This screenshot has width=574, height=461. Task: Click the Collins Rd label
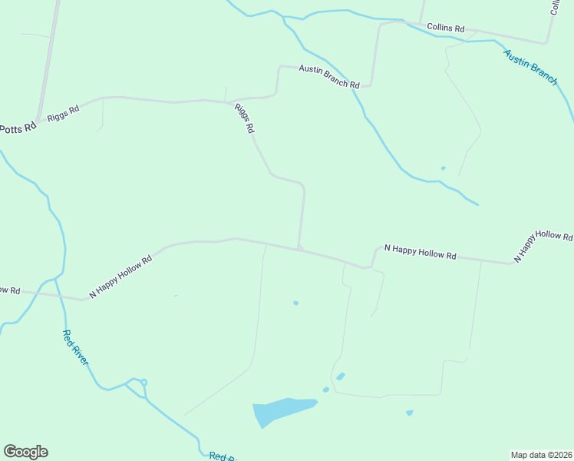pos(446,28)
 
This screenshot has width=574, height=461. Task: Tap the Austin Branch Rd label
pos(329,76)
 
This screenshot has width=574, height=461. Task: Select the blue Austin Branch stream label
pos(530,67)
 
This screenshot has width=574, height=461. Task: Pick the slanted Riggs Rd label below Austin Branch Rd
pos(244,119)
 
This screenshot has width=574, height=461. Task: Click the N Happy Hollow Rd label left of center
pos(120,277)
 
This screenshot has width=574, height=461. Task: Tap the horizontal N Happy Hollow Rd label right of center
pos(420,251)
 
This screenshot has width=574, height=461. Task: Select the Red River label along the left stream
pos(76,347)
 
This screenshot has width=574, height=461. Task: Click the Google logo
pos(25,452)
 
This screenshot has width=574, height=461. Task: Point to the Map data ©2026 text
pos(541,454)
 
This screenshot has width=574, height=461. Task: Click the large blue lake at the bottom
pos(281,410)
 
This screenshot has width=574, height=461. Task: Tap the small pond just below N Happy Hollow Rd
pos(295,303)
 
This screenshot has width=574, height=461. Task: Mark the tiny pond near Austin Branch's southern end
pos(443,167)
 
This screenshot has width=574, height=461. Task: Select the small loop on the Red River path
pos(143,383)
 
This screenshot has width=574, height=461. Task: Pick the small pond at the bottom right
pos(409,413)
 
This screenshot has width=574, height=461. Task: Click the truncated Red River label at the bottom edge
pos(221,456)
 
